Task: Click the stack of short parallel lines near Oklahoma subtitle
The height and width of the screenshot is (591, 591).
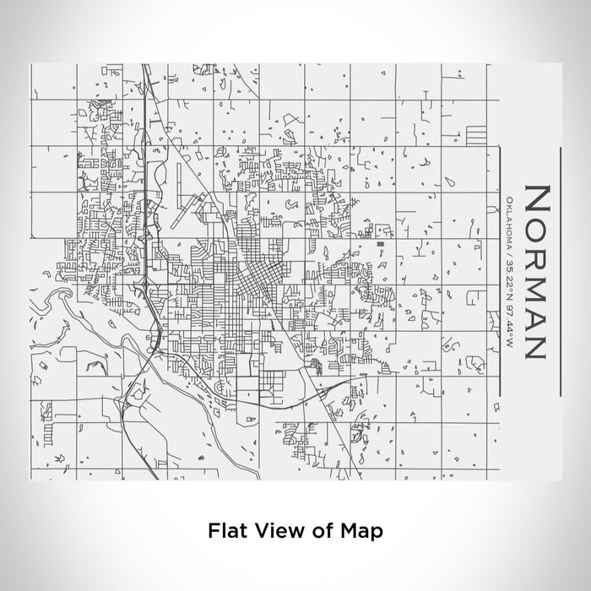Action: point(476,136)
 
